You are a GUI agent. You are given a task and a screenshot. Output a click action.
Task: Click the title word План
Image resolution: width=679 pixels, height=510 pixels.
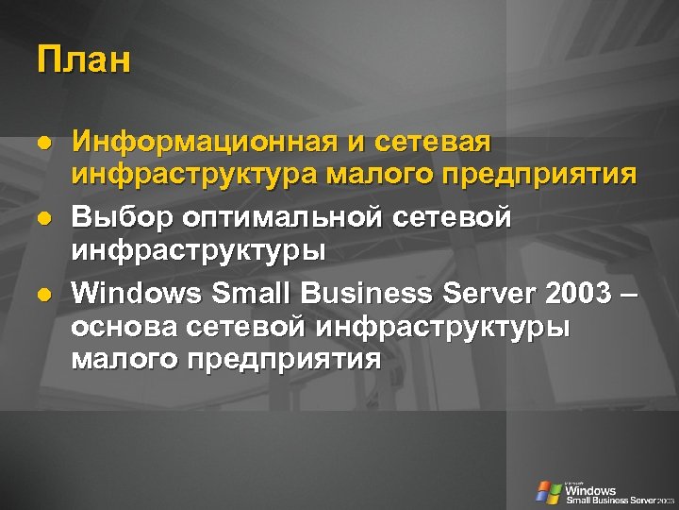(x=84, y=60)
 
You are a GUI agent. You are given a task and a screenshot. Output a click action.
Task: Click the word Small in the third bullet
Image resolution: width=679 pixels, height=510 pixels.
(x=251, y=293)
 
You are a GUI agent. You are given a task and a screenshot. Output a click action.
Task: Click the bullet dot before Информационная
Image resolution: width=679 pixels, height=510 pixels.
(x=42, y=144)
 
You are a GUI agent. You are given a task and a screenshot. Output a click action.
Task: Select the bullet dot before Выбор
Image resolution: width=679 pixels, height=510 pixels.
(x=42, y=218)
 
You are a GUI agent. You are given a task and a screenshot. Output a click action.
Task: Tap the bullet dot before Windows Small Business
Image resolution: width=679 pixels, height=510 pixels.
(x=42, y=294)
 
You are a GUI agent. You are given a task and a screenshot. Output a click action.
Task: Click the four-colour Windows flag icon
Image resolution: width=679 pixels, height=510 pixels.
(x=548, y=491)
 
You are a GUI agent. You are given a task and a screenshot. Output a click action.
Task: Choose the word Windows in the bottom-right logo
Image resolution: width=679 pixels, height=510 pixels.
(x=590, y=490)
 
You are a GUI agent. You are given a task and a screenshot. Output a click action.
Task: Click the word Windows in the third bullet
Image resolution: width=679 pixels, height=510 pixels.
(x=137, y=293)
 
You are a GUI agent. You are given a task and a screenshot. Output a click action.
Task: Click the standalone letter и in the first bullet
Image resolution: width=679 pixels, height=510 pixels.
(x=356, y=144)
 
